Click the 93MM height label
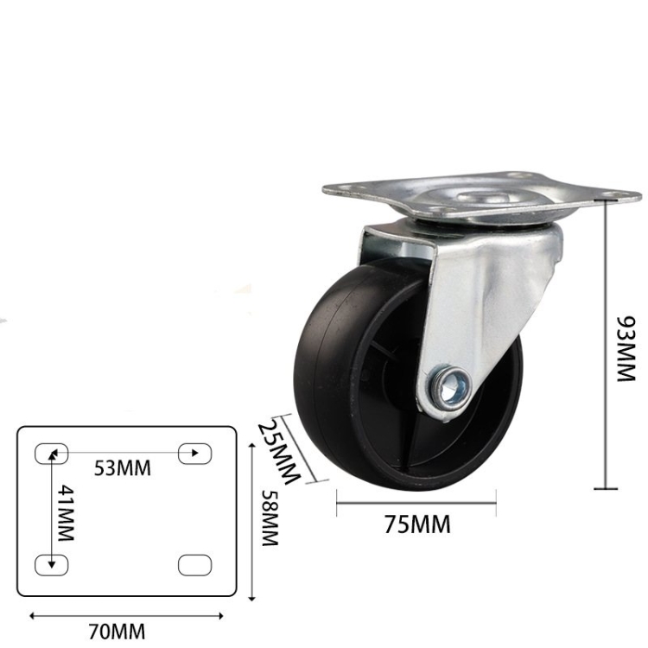(x=624, y=349)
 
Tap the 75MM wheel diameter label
(x=417, y=524)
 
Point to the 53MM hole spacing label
(x=122, y=468)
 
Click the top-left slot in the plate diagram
(x=51, y=452)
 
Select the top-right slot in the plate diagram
(x=194, y=452)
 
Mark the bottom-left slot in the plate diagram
(x=51, y=564)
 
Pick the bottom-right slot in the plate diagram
(x=194, y=564)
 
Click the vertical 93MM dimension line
(x=607, y=346)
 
